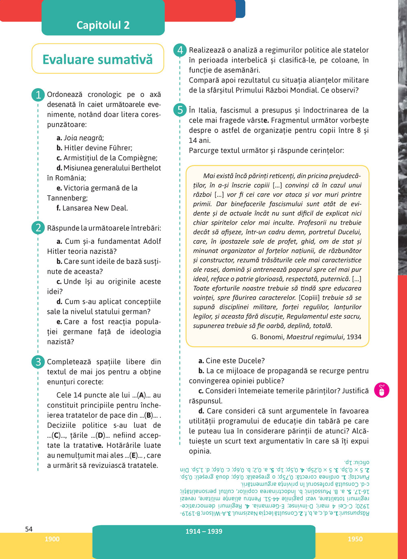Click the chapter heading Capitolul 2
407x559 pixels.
103,25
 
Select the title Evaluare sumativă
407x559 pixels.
98,59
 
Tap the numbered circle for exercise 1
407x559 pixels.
38,95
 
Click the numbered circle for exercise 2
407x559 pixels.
38,228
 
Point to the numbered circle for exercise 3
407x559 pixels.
38,362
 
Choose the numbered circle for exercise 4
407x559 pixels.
180,50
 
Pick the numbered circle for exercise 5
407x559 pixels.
180,110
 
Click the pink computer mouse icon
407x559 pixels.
381,390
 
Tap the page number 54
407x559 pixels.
29,529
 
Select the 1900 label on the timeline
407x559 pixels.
52,539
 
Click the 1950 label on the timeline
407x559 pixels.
355,539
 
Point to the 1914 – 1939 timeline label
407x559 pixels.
204,531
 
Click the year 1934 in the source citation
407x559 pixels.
354,337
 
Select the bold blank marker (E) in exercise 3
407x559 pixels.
133,455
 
